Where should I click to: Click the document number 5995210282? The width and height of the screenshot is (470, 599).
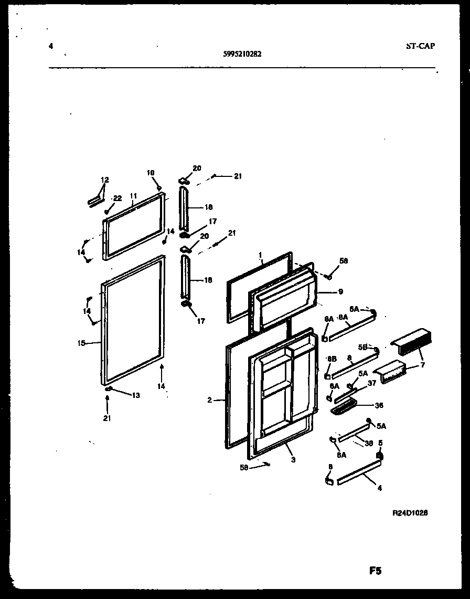[x=242, y=52]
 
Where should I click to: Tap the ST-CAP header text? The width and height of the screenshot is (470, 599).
[x=420, y=46]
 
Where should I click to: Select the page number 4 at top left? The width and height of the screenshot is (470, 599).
[x=50, y=46]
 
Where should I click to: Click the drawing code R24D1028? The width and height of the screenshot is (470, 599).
[x=410, y=513]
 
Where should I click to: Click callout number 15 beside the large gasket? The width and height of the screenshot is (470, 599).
[x=81, y=343]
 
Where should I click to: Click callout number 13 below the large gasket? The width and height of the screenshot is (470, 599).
[x=135, y=395]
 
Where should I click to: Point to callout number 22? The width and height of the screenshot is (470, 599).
[x=117, y=198]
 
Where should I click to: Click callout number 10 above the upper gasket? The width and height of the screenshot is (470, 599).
[x=151, y=173]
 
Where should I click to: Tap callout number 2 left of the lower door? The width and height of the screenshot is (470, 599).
[x=209, y=400]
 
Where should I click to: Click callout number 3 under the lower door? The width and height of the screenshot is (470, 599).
[x=293, y=460]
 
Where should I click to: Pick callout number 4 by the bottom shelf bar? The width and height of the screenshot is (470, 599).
[x=379, y=488]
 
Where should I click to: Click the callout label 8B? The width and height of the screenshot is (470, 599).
[x=332, y=359]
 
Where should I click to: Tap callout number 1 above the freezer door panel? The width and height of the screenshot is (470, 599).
[x=260, y=255]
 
